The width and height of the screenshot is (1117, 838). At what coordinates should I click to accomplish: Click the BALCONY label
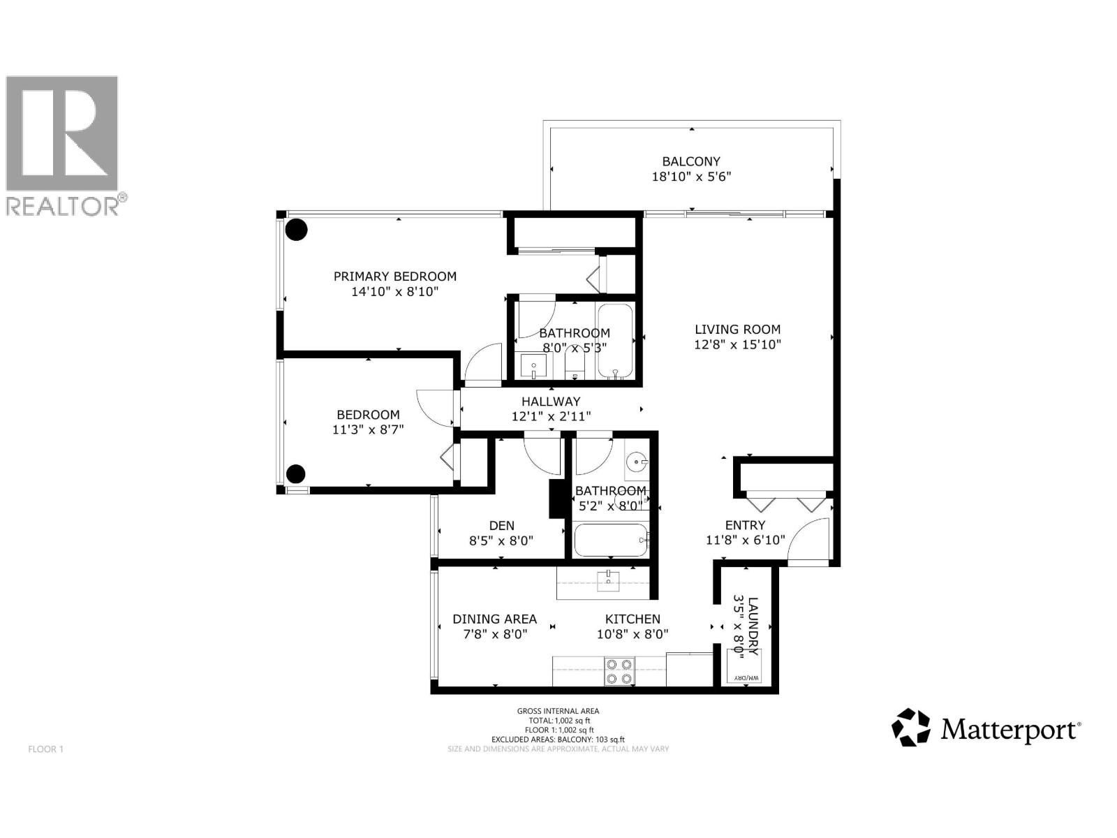point(691,161)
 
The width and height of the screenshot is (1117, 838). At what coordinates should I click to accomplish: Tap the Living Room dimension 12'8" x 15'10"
point(737,344)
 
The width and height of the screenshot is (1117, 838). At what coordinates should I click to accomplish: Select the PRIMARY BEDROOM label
point(394,277)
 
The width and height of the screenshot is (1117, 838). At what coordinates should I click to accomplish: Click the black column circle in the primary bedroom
point(297,229)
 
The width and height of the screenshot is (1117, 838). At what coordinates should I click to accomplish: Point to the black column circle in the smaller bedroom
point(296,473)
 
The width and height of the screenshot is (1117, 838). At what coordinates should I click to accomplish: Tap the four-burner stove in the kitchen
point(619,671)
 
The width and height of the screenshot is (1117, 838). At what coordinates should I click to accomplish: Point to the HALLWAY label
point(551,402)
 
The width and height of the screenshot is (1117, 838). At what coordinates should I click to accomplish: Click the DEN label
point(501,526)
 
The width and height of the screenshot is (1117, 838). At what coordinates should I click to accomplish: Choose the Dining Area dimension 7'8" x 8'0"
point(494,634)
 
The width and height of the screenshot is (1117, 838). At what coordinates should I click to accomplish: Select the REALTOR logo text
point(63,206)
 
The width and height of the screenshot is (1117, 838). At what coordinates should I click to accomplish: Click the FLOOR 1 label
point(45,749)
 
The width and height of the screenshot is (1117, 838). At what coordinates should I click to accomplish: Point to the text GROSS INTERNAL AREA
point(558,711)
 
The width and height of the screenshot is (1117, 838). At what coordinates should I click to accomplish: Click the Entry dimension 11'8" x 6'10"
point(745,540)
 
